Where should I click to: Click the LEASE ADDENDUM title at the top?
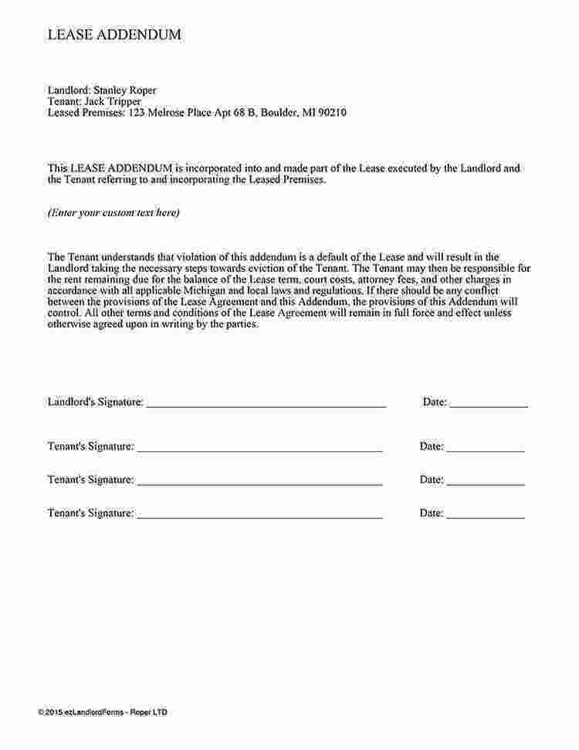[x=114, y=34]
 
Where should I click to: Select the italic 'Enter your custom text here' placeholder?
[x=113, y=212]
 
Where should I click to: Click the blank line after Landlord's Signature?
[x=266, y=402]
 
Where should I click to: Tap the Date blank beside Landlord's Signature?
[x=489, y=402]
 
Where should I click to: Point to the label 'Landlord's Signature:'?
[x=95, y=402]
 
